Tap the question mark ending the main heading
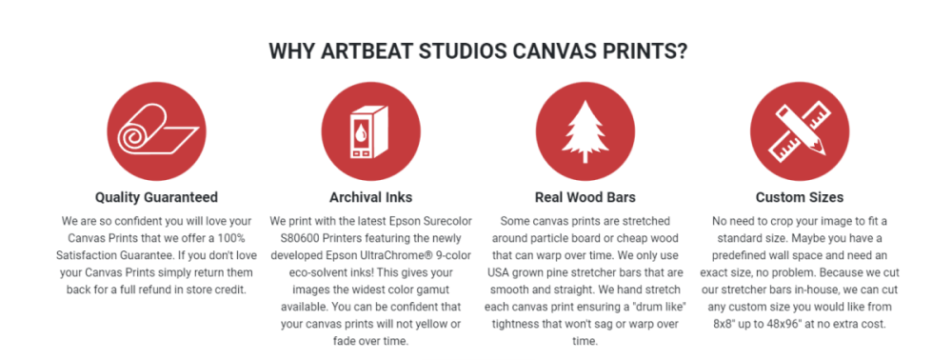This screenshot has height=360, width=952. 681,50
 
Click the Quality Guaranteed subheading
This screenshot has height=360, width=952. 157,197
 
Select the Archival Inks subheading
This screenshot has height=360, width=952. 371,197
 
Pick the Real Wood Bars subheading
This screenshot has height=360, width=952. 585,197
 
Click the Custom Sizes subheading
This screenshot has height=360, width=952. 800,197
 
